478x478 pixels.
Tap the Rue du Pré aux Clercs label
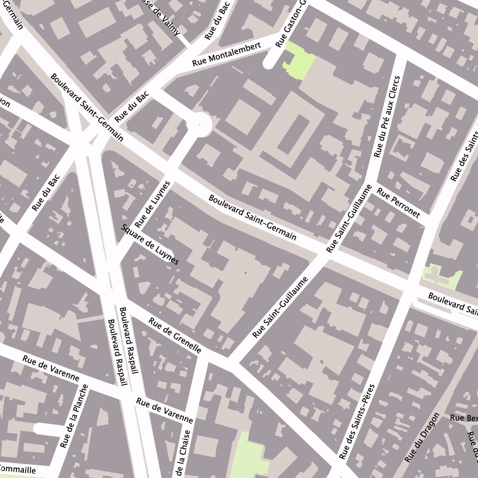[x=387, y=117]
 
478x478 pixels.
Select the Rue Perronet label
[x=399, y=203]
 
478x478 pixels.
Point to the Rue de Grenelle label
[x=175, y=335]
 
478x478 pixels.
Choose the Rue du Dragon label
[x=422, y=437]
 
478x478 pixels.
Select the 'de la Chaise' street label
[x=184, y=453]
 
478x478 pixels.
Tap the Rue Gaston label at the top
[x=289, y=23]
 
